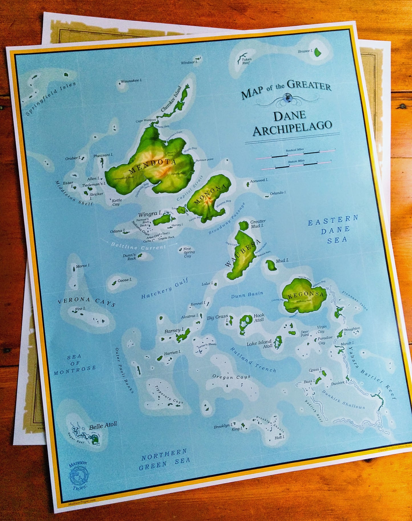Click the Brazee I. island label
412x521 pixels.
click(x=305, y=51)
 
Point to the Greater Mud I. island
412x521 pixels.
click(x=243, y=225)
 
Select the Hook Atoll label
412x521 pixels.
click(x=259, y=317)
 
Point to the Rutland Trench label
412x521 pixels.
click(x=253, y=360)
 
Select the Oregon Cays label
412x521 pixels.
click(x=231, y=377)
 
